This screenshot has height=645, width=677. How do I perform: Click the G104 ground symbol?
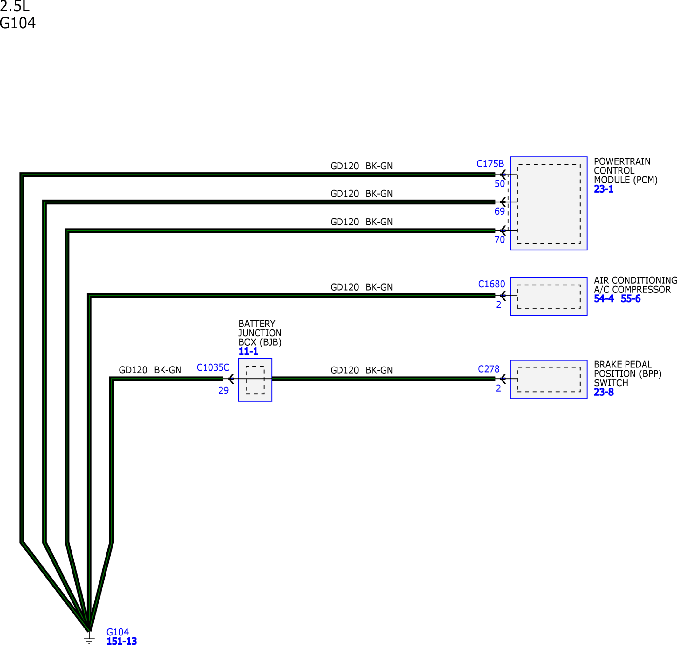[89, 638]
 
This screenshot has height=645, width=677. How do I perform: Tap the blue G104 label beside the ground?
[118, 632]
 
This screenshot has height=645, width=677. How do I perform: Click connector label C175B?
[490, 164]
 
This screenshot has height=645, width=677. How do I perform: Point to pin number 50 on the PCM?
[500, 184]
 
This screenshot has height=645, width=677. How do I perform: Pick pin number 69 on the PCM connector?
[500, 211]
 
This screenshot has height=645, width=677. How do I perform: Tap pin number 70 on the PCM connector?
[500, 240]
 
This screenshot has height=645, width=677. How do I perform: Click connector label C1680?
[491, 284]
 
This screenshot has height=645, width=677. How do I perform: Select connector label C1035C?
[213, 367]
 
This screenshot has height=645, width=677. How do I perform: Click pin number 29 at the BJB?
[223, 391]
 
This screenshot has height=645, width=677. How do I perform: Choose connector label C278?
[489, 369]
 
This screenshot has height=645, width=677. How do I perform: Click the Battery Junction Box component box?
[255, 380]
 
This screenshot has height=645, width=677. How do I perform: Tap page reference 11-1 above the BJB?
[248, 351]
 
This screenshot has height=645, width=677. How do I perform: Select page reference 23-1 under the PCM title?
[604, 189]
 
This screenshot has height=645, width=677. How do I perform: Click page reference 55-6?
[631, 298]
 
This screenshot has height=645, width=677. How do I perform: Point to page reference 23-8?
[604, 392]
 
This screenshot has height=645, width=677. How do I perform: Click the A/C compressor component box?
[549, 296]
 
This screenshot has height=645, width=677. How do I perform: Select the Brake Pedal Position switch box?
[549, 380]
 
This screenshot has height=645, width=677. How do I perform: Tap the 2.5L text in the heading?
[15, 6]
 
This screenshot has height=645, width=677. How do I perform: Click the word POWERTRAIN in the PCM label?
[622, 161]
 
